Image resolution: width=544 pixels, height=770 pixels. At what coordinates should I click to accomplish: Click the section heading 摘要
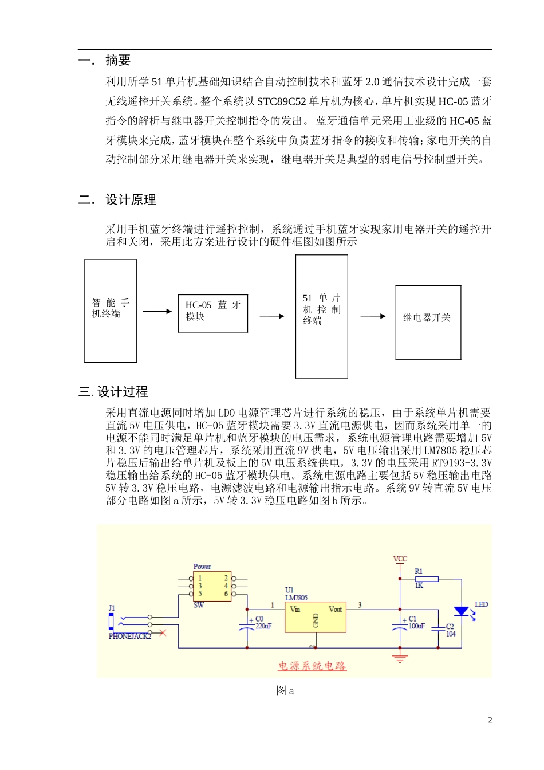point(117,60)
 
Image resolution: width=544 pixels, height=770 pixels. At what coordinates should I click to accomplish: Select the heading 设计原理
point(131,200)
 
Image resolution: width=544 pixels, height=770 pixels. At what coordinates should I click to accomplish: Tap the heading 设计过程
point(122,392)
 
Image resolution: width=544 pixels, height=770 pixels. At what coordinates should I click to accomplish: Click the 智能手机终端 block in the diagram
point(111,311)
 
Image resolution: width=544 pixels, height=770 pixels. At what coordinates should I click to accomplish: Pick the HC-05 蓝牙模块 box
point(213,313)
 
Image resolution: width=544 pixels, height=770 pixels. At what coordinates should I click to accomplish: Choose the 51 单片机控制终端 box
point(321,316)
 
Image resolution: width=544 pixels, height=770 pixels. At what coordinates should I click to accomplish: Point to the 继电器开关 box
point(428,323)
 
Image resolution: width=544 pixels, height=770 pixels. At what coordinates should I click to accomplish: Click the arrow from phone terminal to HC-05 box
point(157,312)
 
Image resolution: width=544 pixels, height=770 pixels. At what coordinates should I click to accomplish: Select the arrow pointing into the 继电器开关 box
point(373,316)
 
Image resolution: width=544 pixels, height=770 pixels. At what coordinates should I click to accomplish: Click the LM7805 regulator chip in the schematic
point(315,618)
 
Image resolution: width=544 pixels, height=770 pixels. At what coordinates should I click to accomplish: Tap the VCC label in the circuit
point(400,559)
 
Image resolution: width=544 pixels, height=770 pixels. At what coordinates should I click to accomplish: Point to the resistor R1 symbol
point(426,579)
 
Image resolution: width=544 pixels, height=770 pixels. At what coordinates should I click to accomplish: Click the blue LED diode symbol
point(461,611)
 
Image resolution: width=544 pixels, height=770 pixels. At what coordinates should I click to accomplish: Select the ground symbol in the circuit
point(400,658)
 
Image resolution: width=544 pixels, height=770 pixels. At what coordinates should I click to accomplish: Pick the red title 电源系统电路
point(312,666)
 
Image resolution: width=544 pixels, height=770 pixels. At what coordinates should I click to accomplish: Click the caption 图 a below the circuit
point(285,691)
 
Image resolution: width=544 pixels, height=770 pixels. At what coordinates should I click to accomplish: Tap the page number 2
point(490,720)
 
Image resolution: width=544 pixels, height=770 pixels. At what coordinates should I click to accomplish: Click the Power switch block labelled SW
point(212,586)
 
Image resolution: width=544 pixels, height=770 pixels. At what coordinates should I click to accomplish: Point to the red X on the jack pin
point(163,632)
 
